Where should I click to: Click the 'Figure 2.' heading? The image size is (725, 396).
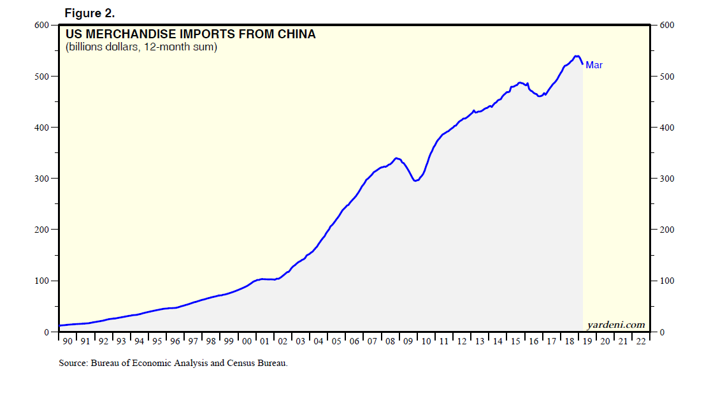click(89, 13)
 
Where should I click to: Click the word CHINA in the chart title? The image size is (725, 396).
click(294, 34)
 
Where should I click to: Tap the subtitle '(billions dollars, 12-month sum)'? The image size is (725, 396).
click(141, 47)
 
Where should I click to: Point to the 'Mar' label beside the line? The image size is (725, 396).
click(594, 65)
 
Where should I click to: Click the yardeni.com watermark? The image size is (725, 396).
click(617, 325)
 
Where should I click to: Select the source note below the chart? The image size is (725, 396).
click(173, 363)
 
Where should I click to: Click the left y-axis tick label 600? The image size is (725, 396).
click(41, 25)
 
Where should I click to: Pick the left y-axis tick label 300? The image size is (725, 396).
click(41, 179)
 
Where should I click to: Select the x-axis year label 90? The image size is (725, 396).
click(67, 342)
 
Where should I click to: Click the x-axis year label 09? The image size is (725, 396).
click(408, 342)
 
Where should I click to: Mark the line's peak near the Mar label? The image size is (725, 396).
click(577, 56)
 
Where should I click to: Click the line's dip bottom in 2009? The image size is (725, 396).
click(415, 181)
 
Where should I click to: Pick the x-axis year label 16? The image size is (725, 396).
click(534, 342)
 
